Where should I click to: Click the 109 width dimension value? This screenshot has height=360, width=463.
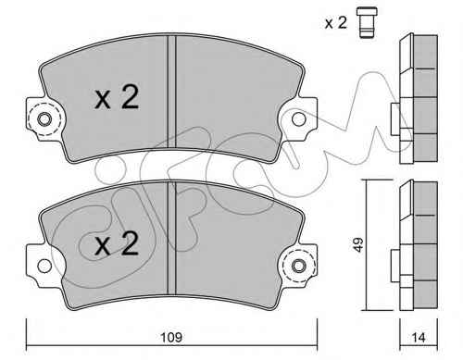[172, 337]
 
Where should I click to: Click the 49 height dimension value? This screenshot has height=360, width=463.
[357, 244]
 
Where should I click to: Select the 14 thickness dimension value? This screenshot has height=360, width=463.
[419, 338]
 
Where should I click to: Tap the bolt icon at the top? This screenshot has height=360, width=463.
[367, 22]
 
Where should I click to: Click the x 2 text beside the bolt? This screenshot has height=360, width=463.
[336, 23]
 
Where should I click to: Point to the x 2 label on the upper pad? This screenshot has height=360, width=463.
[117, 97]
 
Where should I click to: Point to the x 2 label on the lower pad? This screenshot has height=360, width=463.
[117, 243]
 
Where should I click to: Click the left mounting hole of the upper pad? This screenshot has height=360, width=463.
[44, 119]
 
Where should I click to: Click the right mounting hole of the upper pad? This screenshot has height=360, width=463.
[298, 119]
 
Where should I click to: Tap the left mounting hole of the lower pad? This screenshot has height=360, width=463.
[44, 266]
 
